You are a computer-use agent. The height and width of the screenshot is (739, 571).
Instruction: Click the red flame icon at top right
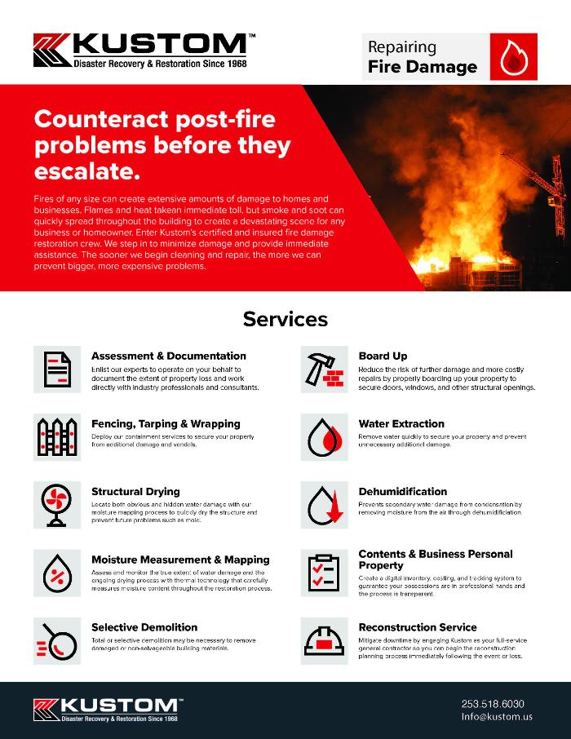514,57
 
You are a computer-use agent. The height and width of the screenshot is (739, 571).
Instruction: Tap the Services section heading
285,319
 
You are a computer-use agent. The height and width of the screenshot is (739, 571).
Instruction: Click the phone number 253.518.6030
493,703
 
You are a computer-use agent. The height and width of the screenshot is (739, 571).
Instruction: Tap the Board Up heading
383,356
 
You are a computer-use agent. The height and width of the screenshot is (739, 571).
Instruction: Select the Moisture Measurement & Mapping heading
180,560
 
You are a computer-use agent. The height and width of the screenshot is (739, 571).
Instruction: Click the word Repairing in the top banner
402,47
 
